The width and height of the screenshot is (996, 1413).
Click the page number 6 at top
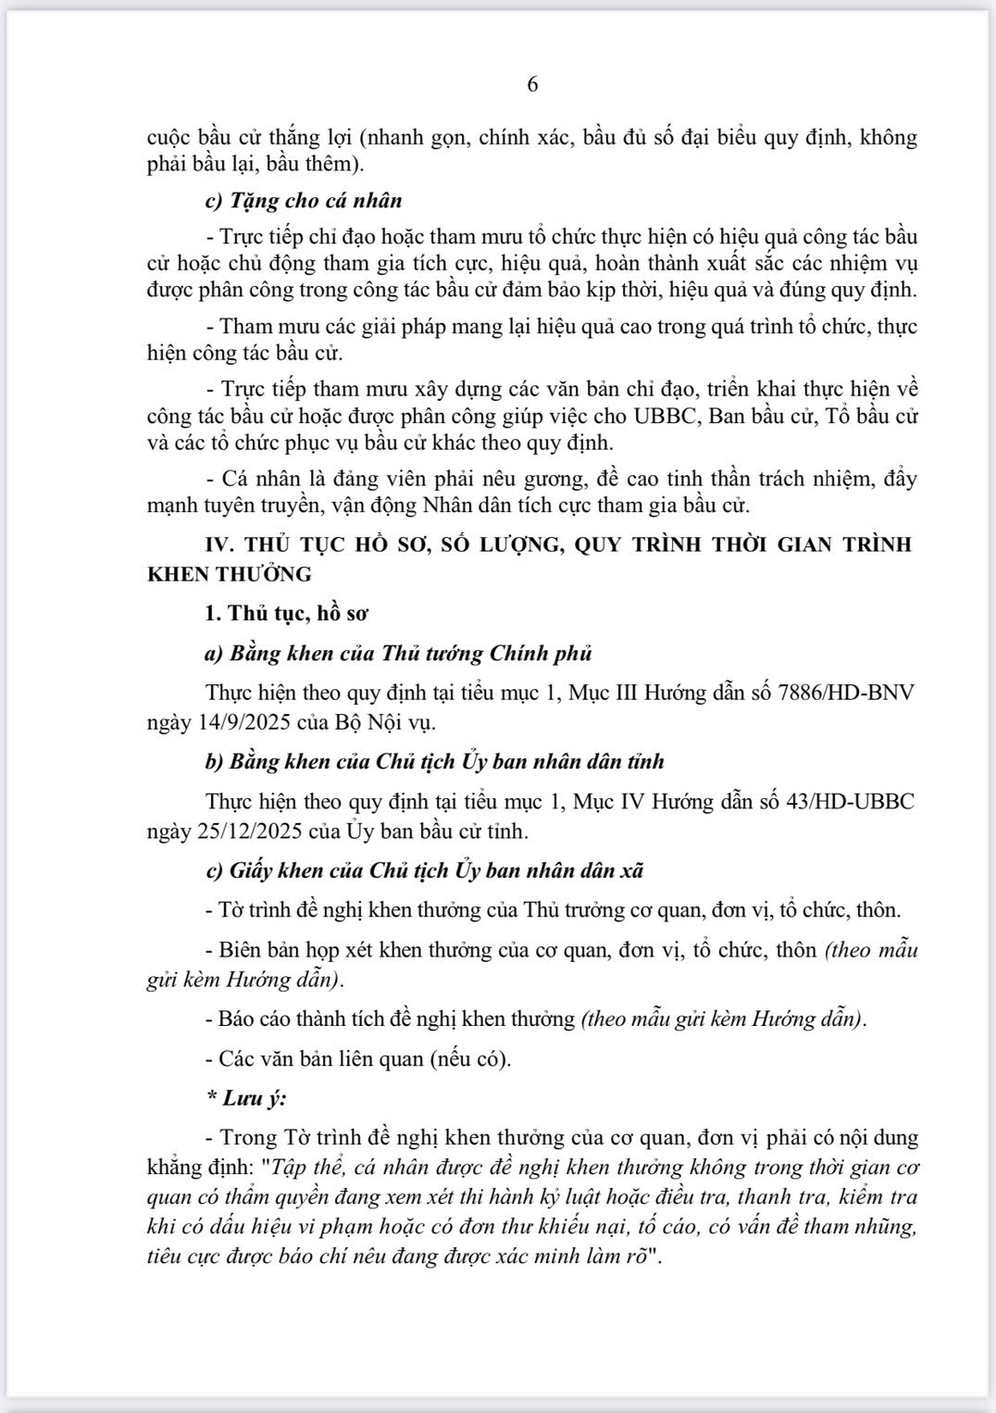click(532, 84)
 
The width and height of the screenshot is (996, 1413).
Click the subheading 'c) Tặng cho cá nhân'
click(303, 200)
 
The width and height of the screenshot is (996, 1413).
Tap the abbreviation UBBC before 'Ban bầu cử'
click(666, 416)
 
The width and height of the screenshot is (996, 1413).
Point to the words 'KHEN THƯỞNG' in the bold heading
click(230, 574)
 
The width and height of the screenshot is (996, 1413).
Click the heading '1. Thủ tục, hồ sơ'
click(286, 613)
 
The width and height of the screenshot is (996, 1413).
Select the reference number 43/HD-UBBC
click(846, 801)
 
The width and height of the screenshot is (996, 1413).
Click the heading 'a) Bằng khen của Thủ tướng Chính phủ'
click(398, 654)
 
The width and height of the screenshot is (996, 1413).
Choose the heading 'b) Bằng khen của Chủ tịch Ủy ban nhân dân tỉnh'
click(434, 762)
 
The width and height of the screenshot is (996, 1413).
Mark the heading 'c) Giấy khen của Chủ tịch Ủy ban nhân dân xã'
click(424, 870)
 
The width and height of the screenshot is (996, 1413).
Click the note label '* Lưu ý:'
click(246, 1098)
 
